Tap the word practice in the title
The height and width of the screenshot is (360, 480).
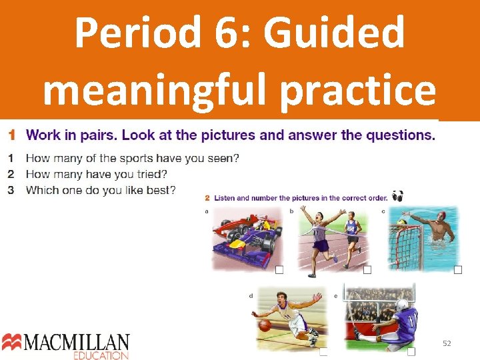(x=359, y=90)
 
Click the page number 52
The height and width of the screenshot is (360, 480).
(x=447, y=343)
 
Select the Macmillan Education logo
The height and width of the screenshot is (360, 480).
(x=65, y=345)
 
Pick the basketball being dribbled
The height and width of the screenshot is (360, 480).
(x=265, y=325)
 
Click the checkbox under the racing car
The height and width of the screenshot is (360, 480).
(x=279, y=269)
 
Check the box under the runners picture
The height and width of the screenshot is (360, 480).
(x=367, y=269)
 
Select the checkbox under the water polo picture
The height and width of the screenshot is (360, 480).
(x=458, y=269)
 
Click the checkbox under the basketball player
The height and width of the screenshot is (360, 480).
(x=323, y=351)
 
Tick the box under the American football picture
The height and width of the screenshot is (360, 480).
(x=411, y=351)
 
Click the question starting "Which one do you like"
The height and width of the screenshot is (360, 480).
(x=100, y=191)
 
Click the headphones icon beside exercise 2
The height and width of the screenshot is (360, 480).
(x=398, y=196)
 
